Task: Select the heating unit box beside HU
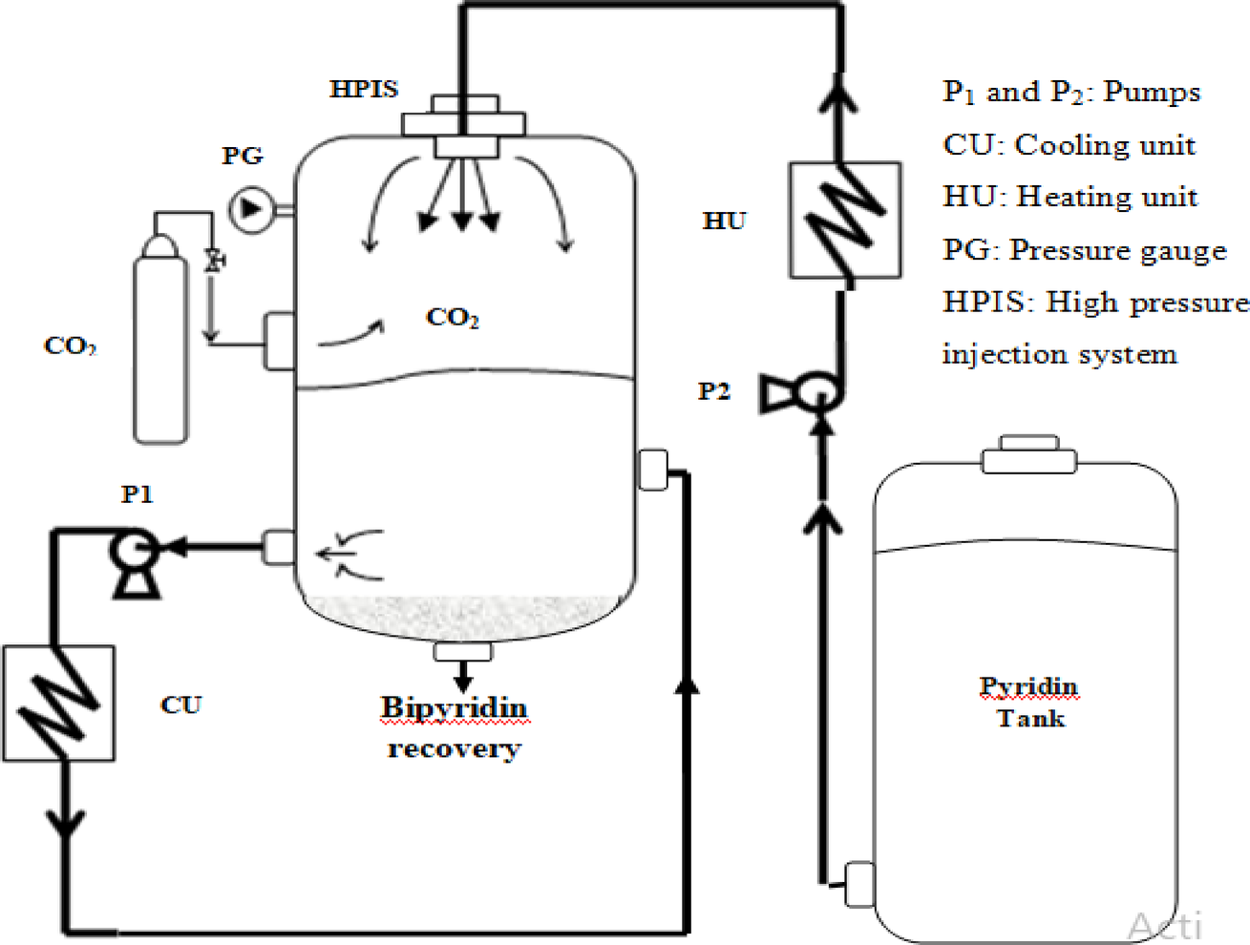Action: click(x=844, y=220)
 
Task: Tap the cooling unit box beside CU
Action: click(x=59, y=703)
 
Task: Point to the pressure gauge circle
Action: click(x=250, y=207)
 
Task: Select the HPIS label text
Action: click(x=364, y=90)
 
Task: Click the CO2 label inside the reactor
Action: click(x=452, y=318)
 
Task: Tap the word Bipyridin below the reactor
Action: click(x=454, y=708)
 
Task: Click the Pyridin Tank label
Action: click(x=1028, y=703)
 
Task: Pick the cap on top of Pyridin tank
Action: click(x=1029, y=455)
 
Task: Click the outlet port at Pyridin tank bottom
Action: click(x=858, y=884)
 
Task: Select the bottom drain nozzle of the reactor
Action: click(x=463, y=653)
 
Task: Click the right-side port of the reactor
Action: click(x=653, y=471)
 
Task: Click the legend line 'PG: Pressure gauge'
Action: click(x=1084, y=250)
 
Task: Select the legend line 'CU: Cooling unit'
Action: click(x=1069, y=145)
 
